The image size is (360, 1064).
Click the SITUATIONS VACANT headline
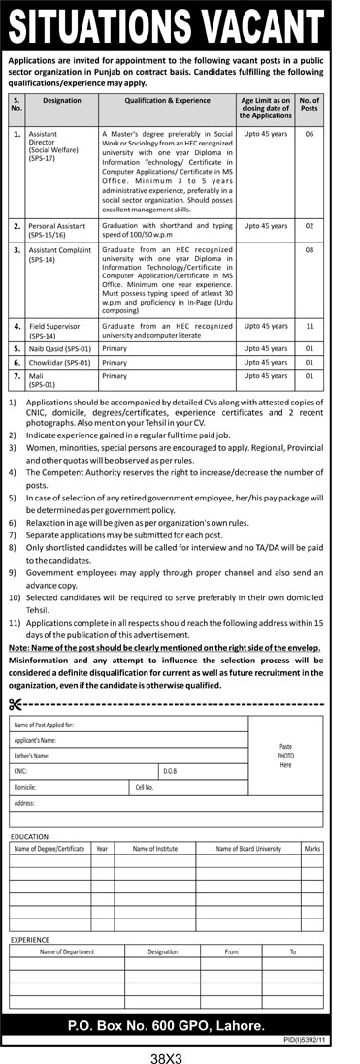180,23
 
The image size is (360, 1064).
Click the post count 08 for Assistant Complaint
310,249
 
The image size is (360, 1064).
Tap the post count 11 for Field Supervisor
310,325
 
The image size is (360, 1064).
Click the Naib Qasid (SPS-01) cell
60,346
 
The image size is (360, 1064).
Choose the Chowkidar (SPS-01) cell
60,361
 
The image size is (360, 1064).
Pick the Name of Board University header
247,849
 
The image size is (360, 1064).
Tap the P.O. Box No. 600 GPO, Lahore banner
179,1026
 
